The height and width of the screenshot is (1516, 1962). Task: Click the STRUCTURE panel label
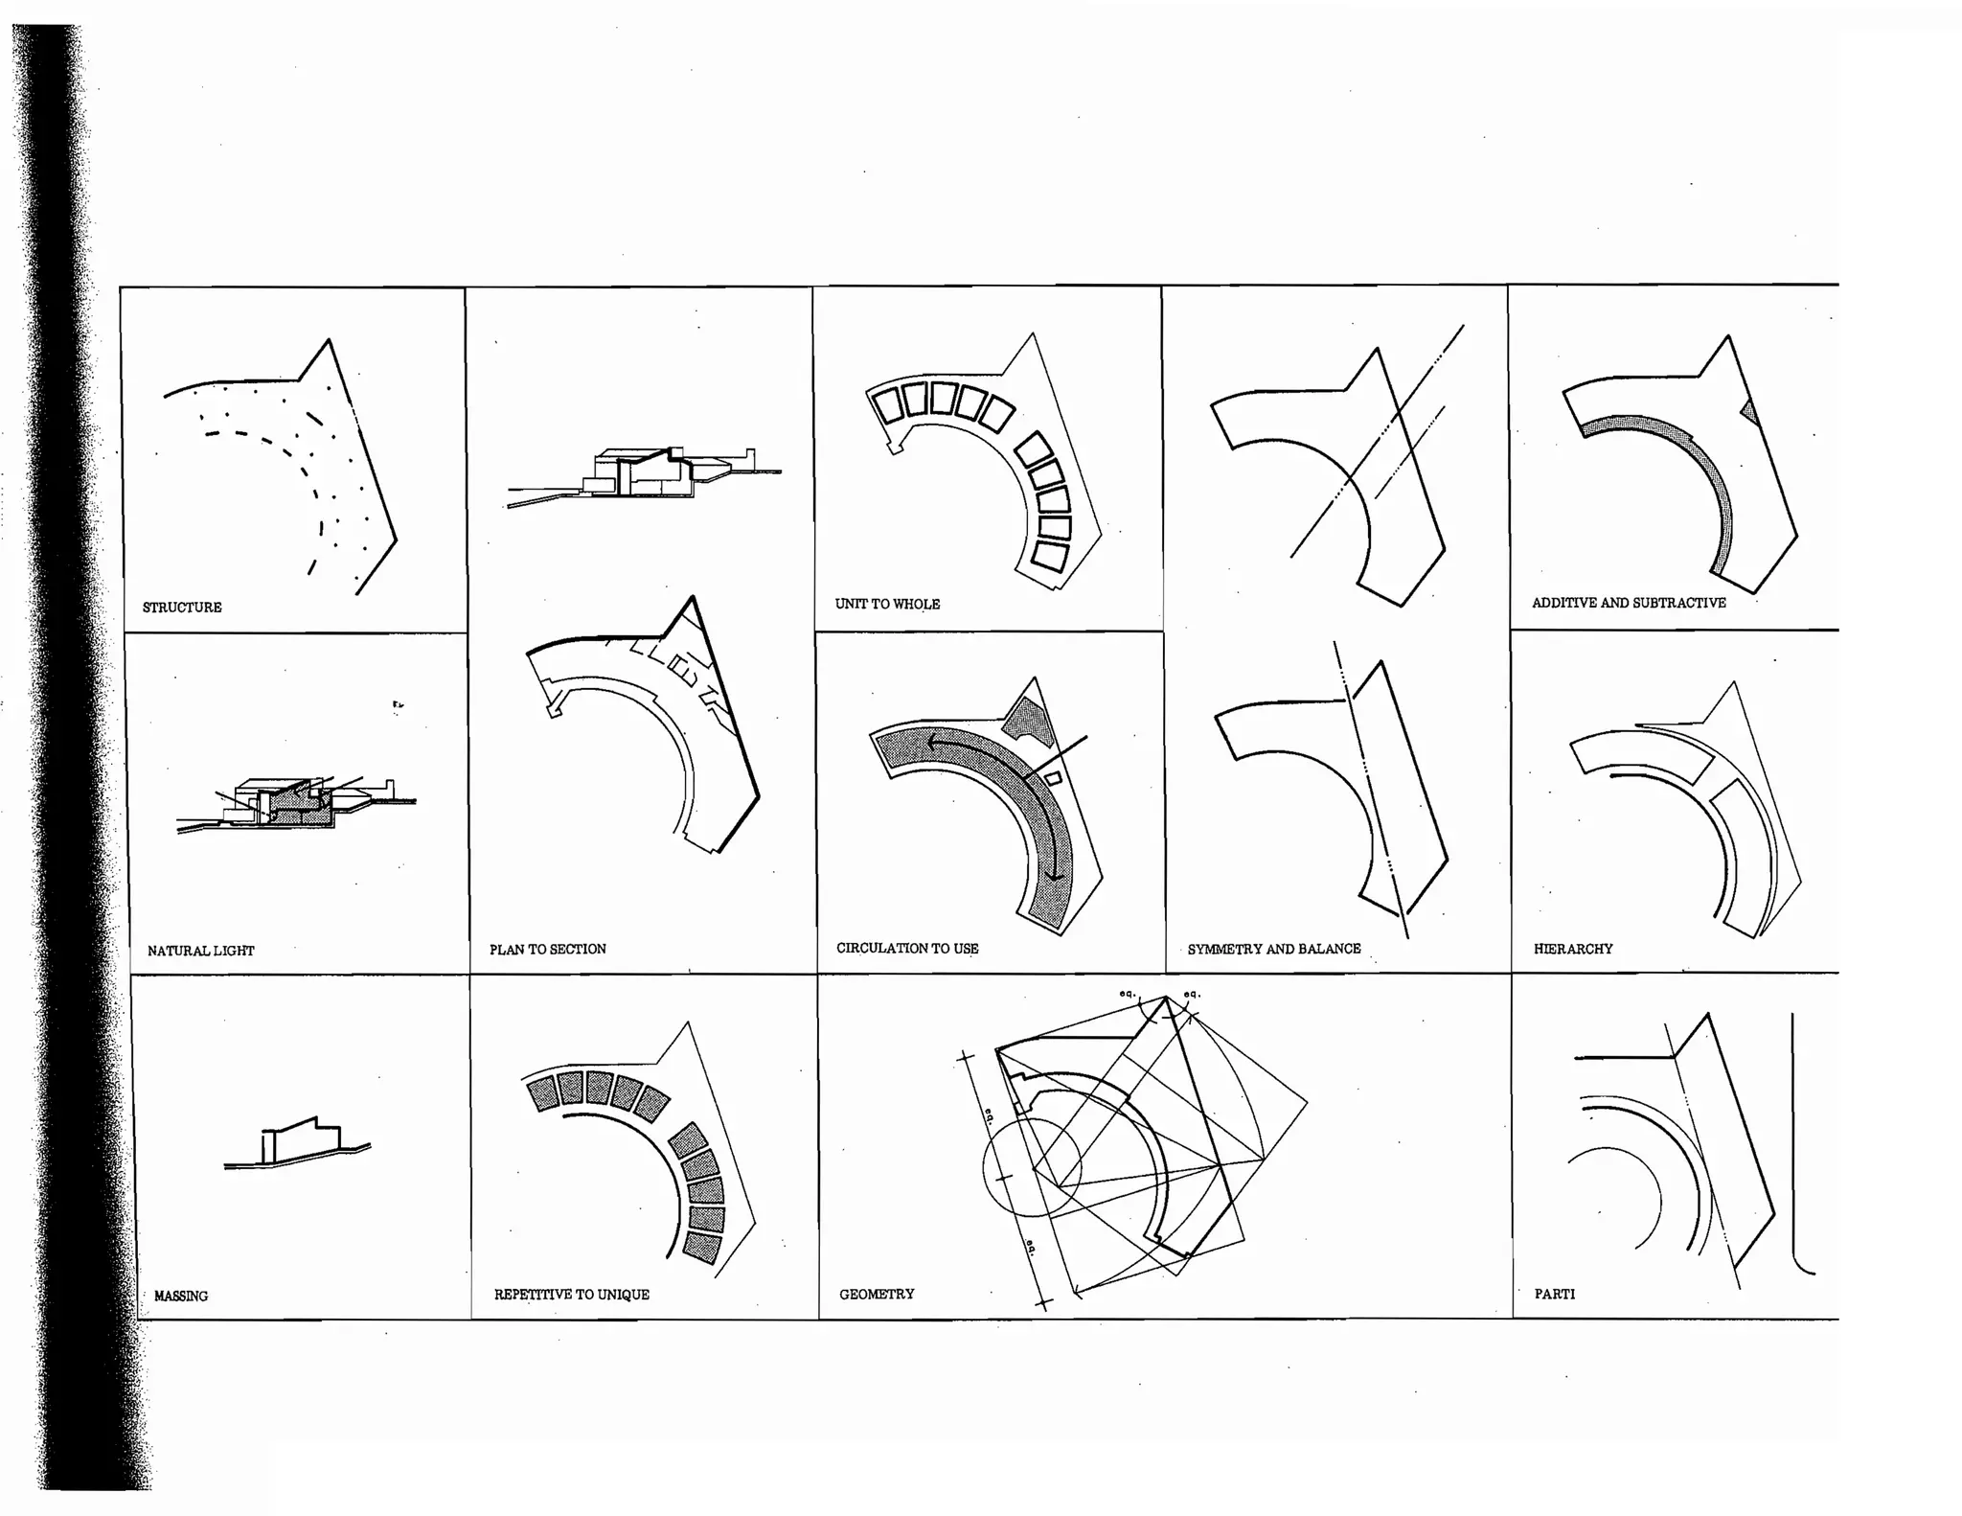coord(182,608)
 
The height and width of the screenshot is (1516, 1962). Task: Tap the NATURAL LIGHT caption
coord(201,951)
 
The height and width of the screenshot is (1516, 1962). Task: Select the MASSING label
coord(181,1296)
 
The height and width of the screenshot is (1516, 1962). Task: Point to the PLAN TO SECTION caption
coord(548,949)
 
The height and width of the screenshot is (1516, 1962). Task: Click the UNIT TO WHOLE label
coord(887,604)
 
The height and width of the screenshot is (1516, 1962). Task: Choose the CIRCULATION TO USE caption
coord(907,948)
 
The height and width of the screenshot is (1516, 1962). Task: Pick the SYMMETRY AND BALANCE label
coord(1274,949)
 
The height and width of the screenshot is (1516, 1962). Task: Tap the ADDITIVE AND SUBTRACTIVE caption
coord(1629,603)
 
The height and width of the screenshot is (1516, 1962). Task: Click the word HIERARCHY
coord(1573,949)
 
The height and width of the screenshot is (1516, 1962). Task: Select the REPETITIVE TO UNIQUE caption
coord(572,1295)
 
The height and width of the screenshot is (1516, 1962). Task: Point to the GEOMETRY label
coord(877,1294)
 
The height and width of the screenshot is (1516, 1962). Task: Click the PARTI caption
coord(1555,1294)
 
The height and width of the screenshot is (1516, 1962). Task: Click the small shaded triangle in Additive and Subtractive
coord(1751,413)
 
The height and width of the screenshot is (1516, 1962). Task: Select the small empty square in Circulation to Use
coord(1053,778)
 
